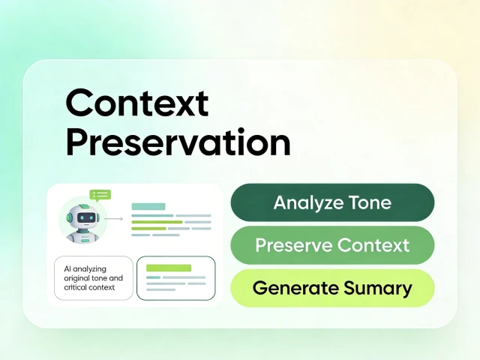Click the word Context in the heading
(137, 103)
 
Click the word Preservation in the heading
(178, 142)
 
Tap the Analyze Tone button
(332, 202)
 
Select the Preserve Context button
(332, 245)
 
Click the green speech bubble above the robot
(100, 195)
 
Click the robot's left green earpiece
(69, 217)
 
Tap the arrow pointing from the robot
(113, 218)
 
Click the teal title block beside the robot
(148, 206)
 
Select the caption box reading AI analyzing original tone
(94, 278)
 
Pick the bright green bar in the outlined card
(169, 268)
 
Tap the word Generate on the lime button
(295, 288)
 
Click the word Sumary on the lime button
(378, 289)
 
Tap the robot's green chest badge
(85, 241)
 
